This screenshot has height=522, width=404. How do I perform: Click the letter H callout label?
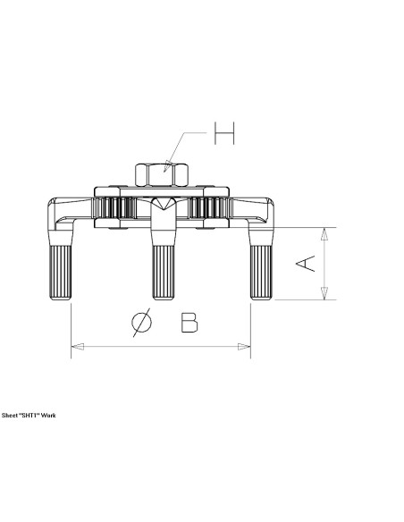point(224,133)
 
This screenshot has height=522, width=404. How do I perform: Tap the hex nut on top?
point(162,175)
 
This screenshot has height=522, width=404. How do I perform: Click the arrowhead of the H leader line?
point(168,166)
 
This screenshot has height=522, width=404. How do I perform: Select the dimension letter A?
point(306,264)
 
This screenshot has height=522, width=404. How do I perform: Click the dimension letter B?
point(189,323)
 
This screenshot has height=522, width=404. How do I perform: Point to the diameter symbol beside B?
point(141,322)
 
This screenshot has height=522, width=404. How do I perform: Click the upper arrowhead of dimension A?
point(324,233)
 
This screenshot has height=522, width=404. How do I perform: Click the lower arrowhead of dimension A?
point(324,293)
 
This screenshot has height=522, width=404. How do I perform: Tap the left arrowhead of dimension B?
point(78,347)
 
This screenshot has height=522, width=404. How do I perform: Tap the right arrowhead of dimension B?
point(244,347)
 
